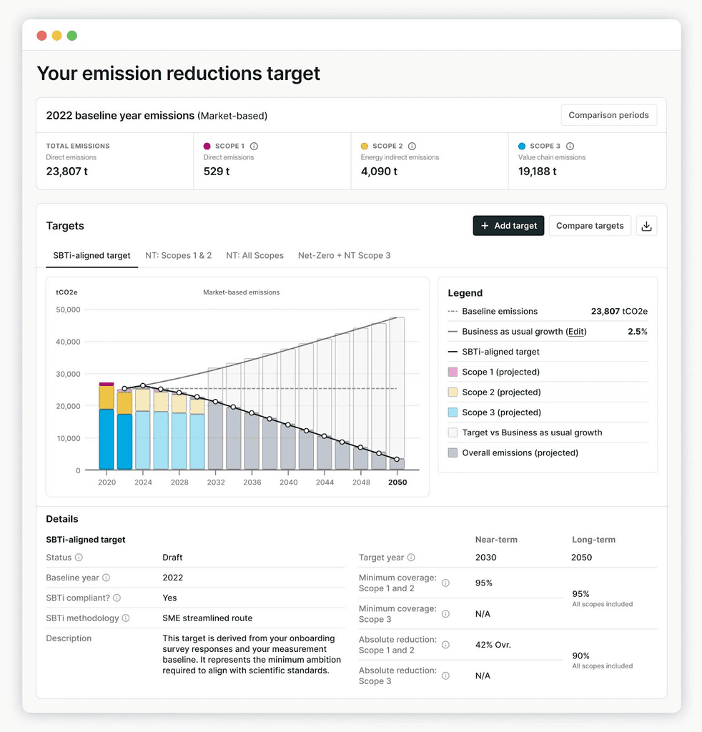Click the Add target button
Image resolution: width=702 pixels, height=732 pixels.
pos(508,226)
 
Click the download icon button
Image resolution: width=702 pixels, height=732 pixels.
pos(646,226)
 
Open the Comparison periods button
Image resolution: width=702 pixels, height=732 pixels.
pos(608,115)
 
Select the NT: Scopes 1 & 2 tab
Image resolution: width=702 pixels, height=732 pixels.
pos(178,255)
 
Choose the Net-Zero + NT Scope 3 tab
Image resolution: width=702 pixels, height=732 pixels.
pos(344,255)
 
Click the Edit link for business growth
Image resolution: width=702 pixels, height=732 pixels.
pos(575,332)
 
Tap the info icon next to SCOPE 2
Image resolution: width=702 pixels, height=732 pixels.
pos(412,146)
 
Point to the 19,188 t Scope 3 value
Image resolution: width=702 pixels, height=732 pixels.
pos(537,172)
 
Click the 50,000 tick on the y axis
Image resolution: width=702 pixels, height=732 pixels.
pos(68,310)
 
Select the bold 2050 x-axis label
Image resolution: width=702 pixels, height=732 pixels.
pos(397,483)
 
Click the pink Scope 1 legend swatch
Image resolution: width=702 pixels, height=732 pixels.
pos(453,372)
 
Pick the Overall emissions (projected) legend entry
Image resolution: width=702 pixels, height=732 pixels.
pos(520,452)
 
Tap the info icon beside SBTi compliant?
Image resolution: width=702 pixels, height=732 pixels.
pos(117,598)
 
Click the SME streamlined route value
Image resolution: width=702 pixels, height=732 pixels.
pos(207,618)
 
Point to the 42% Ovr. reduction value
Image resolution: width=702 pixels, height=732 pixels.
pos(493,645)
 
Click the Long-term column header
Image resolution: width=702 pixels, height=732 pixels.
pos(593,540)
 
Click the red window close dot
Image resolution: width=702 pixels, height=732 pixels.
pos(41,36)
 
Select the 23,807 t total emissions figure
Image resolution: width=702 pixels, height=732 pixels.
pos(67,172)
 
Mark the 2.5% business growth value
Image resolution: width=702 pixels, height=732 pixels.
pos(637,332)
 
